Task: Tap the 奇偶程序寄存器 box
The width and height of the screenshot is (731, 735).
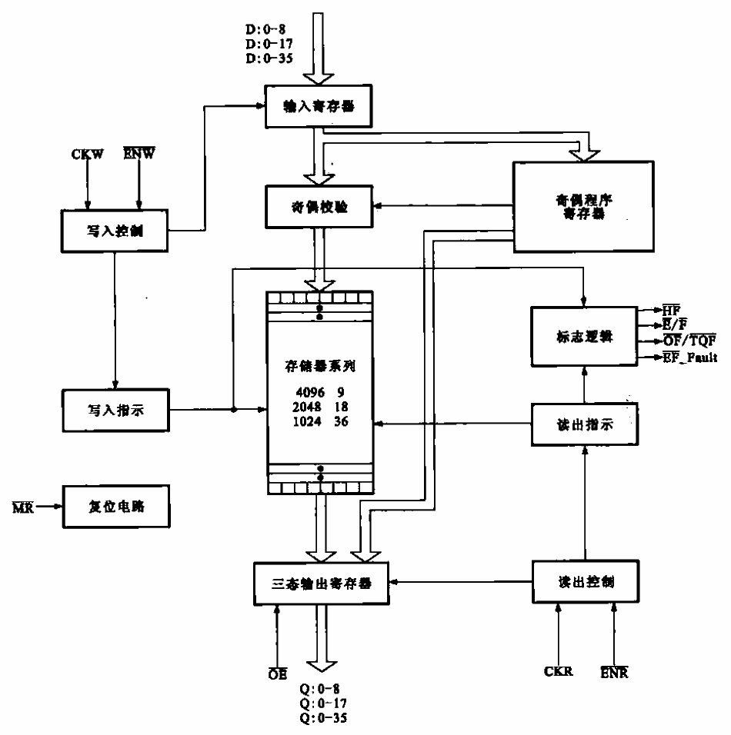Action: click(581, 207)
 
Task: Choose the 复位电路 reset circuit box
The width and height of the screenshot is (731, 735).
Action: click(113, 507)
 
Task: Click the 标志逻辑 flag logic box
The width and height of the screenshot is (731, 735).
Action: click(584, 335)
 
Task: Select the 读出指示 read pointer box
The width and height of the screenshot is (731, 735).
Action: click(584, 424)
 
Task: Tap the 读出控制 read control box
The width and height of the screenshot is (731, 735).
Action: click(584, 582)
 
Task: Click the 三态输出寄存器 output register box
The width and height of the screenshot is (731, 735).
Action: click(322, 583)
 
